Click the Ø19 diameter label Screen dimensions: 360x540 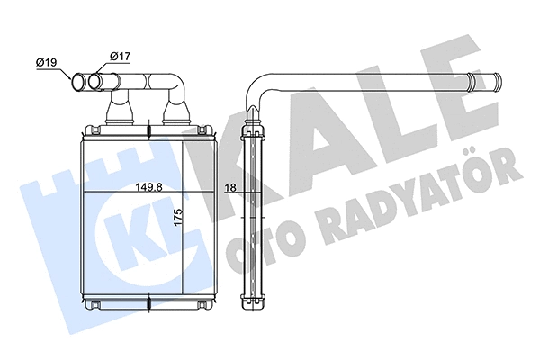click(x=48, y=62)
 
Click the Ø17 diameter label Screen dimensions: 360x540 click(x=119, y=57)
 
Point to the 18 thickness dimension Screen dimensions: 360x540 click(x=230, y=187)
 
